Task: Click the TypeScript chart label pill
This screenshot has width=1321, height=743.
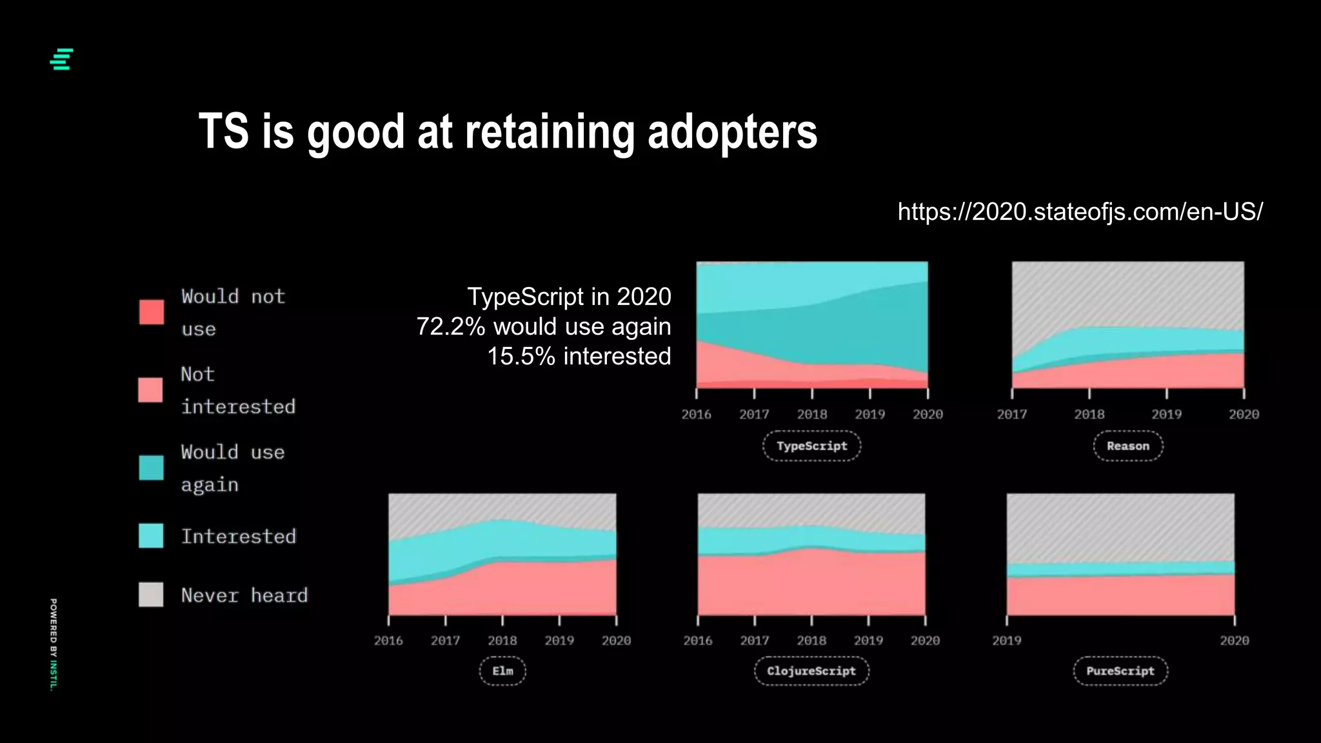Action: coord(811,446)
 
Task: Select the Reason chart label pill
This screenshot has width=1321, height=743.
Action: coord(1127,446)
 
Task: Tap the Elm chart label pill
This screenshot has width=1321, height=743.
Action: coord(502,671)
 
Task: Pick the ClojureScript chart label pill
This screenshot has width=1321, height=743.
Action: coord(811,671)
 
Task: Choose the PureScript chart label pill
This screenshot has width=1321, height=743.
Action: coord(1120,671)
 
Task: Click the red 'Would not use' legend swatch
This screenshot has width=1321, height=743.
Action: coord(152,312)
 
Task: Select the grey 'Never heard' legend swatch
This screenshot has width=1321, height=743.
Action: coord(151,595)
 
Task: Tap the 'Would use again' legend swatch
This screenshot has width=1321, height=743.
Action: coord(151,468)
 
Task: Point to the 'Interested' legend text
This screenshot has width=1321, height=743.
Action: coord(238,537)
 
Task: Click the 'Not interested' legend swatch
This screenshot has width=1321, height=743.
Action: coord(150,390)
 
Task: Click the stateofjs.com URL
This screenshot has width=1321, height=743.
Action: coord(1080,212)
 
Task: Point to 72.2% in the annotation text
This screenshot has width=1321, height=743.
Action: coord(450,327)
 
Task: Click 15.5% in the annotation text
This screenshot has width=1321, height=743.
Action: coord(521,357)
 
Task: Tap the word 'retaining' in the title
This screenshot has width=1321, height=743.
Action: coord(550,132)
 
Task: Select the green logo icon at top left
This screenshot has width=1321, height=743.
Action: coord(61,59)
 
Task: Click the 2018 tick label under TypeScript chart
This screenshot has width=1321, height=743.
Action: coord(811,415)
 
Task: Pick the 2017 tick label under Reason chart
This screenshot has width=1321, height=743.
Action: coord(1011,415)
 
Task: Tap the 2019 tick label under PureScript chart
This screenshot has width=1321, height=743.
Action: coord(1006,640)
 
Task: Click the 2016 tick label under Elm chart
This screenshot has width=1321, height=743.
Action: coord(388,640)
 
